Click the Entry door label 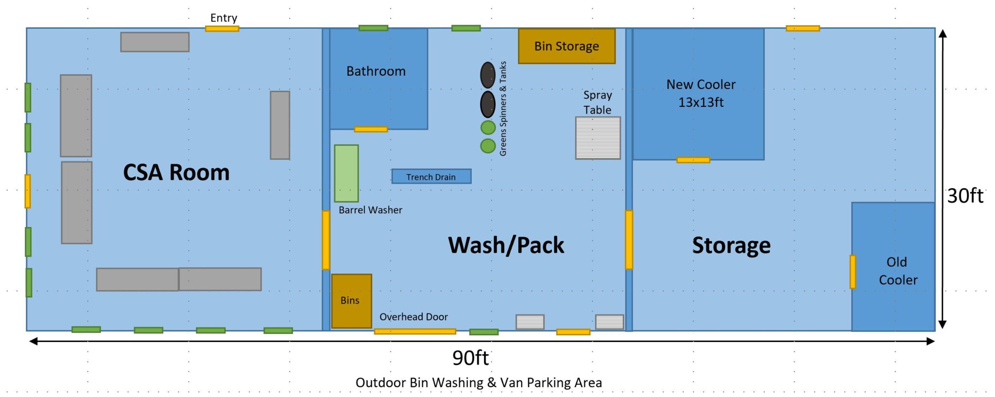coord(223,18)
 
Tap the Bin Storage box coord(566,46)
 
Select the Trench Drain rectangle coord(431,176)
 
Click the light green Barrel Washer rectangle coord(346,173)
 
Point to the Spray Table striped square coord(598,138)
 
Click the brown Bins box coord(352,301)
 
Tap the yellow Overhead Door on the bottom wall coord(415,331)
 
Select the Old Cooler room coord(893,267)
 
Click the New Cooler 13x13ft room coord(698,94)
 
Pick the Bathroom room coord(378,79)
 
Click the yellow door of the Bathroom coord(371,129)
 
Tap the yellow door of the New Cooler coord(693,160)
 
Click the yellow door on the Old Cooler coord(853,272)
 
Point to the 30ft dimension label coord(965,196)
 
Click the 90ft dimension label coord(470,358)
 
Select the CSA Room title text coord(176,173)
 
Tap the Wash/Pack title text coord(506,245)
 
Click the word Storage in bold coord(731,245)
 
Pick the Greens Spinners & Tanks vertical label coord(503,108)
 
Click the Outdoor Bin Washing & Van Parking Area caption coord(479,383)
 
